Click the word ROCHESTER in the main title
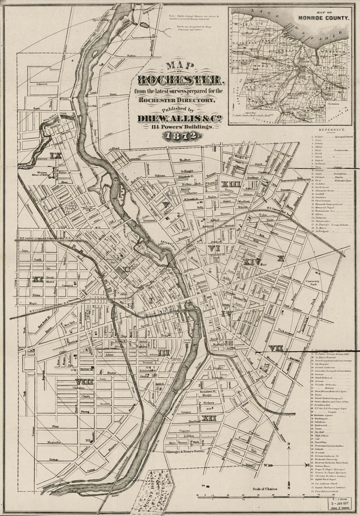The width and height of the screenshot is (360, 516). click(x=180, y=80)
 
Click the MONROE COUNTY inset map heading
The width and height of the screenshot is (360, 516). click(x=323, y=18)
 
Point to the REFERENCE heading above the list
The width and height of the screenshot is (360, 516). click(x=332, y=130)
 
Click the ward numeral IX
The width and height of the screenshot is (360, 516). click(x=56, y=156)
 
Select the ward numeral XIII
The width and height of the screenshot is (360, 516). click(x=231, y=184)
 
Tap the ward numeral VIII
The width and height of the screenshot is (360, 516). click(x=84, y=381)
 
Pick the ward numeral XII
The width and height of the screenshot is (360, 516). click(x=209, y=418)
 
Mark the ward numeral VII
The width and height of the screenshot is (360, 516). click(x=276, y=348)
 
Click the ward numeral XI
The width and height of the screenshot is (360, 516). click(x=37, y=279)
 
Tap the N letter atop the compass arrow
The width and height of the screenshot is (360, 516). click(x=289, y=448)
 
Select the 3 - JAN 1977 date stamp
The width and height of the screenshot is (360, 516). click(x=340, y=503)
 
